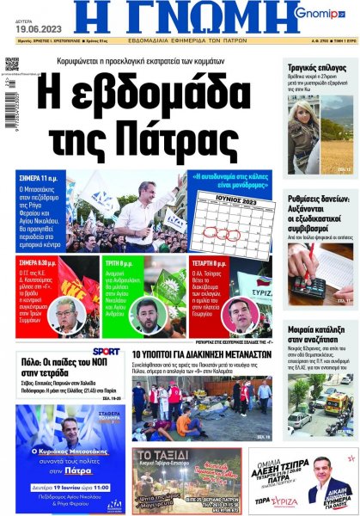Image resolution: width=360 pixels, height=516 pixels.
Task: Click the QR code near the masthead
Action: [x=12, y=64]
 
